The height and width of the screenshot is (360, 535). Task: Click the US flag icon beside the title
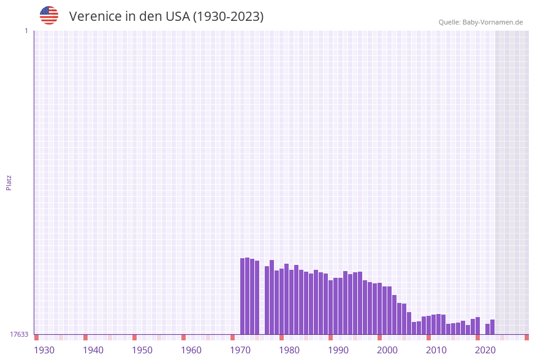point(49,15)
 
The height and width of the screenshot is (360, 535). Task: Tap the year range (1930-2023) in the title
point(228,17)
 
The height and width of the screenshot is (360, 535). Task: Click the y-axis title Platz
point(9,182)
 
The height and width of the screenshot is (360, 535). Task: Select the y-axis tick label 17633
point(19,334)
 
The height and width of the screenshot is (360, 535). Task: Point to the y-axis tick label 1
point(26,31)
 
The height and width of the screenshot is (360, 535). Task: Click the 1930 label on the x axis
point(44,350)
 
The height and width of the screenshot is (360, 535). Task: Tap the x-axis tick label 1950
point(142,350)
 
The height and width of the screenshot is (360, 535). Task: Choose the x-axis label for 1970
point(240,350)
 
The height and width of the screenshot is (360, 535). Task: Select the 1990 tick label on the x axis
point(338,350)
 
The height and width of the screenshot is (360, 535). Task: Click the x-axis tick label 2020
point(485,350)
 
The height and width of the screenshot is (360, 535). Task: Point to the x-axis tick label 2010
point(436,350)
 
